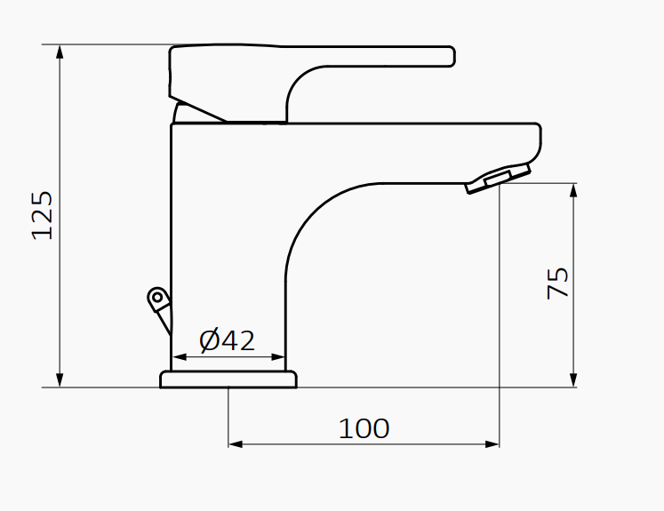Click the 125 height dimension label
tap(43, 214)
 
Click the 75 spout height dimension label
tap(558, 283)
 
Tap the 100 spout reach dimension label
tap(364, 428)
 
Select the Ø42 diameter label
tap(227, 340)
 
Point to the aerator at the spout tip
tap(498, 177)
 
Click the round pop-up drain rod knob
tap(156, 297)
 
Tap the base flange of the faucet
tap(228, 380)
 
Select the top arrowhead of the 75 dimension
tap(574, 190)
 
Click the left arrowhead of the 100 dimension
tap(236, 443)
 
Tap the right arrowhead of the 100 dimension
tap(492, 443)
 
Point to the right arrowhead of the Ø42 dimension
tap(279, 357)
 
